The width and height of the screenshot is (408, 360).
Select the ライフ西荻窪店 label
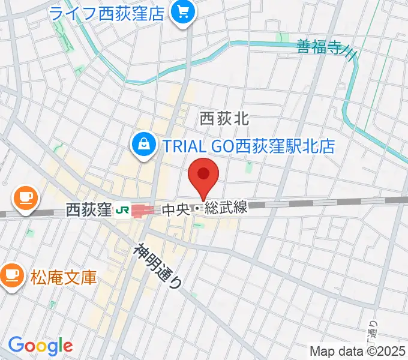107,13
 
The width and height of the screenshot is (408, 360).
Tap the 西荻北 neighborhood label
224,119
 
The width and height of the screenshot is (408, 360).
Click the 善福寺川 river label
328,48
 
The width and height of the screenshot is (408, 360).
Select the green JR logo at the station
122,210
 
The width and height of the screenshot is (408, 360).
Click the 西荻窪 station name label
89,210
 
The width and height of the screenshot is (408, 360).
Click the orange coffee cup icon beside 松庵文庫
11,275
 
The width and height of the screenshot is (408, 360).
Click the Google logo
40,345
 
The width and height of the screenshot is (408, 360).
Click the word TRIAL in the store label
180,146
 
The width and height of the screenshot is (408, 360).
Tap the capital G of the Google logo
16,345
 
